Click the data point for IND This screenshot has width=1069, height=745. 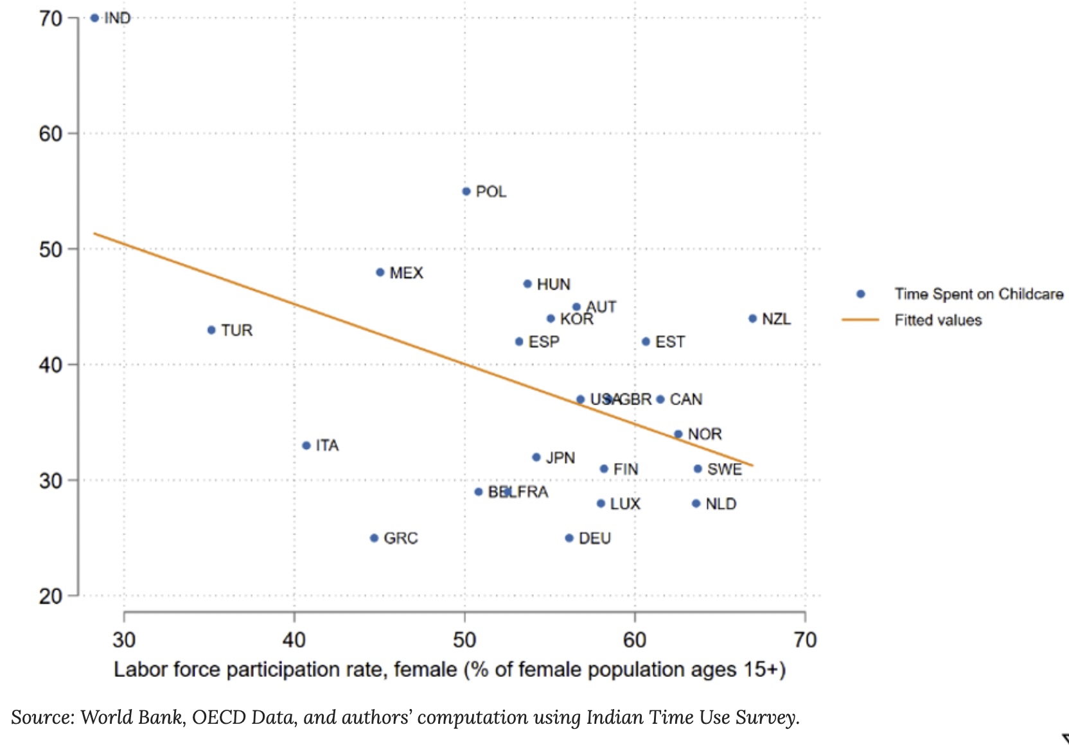[x=94, y=18]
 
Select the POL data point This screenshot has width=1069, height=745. [x=466, y=191]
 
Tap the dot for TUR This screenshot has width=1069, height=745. [x=211, y=330]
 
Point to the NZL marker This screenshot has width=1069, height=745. [x=752, y=319]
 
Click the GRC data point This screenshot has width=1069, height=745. [x=374, y=538]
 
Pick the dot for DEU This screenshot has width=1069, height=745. [x=569, y=538]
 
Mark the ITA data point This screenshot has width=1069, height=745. [x=306, y=446]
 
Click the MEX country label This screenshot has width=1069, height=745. [x=406, y=273]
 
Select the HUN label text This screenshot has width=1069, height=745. [x=553, y=285]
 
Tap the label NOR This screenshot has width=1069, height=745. [x=705, y=434]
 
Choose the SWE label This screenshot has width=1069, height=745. [x=724, y=469]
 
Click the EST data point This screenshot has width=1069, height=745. [x=646, y=342]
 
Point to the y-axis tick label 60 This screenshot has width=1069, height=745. [x=50, y=134]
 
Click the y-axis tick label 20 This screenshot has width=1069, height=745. [x=50, y=596]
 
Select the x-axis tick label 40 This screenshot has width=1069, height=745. [x=294, y=640]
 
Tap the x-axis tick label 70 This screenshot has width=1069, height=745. [x=804, y=640]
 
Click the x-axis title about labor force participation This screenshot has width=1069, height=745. [x=450, y=670]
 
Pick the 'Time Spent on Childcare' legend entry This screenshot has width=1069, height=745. [x=978, y=294]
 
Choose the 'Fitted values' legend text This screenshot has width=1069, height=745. [x=938, y=320]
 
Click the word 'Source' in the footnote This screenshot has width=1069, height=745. [x=42, y=717]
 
